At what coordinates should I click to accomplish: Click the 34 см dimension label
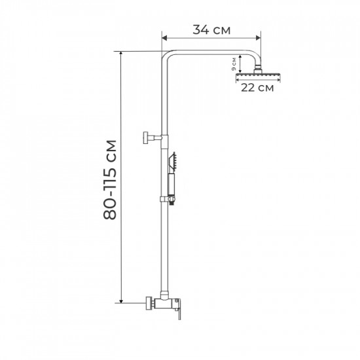tap(211, 29)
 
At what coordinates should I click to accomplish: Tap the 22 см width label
tap(257, 88)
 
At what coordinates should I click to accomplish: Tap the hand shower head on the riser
tap(173, 161)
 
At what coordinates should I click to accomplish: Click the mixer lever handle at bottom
tap(177, 315)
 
